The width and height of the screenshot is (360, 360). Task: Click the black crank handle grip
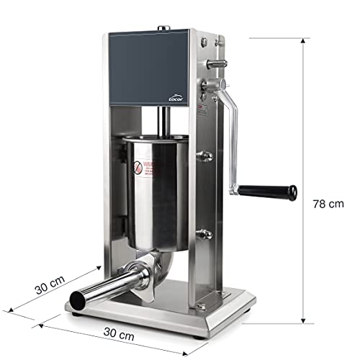point(268,191)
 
